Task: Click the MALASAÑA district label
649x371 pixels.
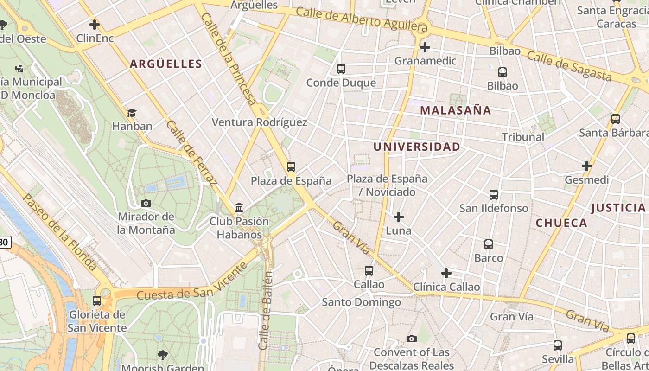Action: pos(455,110)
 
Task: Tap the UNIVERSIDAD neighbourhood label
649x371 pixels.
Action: pos(417,147)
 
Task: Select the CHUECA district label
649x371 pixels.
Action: pos(561,223)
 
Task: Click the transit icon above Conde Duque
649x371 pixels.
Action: pos(341,70)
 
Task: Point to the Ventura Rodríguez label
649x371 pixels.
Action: pos(259,122)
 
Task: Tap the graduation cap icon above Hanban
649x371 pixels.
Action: pos(132,113)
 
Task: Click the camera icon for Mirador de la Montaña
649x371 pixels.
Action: pos(146,203)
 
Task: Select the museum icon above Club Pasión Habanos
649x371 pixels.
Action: pos(239,207)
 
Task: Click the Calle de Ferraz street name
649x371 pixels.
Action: pos(191,153)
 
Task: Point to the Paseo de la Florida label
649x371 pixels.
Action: pos(60,231)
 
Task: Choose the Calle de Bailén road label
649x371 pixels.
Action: pos(266,311)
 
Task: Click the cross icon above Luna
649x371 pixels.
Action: pos(398,217)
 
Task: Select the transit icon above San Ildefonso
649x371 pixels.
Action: pos(494,195)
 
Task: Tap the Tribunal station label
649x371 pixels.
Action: pos(523,137)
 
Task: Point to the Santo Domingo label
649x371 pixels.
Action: pos(362,302)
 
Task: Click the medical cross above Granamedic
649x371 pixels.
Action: pos(425,47)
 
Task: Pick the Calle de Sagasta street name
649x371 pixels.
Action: pos(569,66)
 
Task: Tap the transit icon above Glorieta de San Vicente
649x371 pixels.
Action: pos(97,301)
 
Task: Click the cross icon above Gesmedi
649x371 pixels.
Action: pos(587,166)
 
